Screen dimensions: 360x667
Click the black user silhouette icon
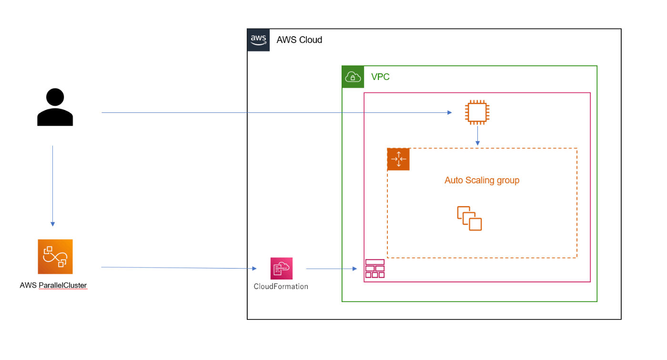pos(55,107)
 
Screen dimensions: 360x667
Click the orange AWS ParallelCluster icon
pos(55,257)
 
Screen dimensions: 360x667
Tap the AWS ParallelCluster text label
pos(53,286)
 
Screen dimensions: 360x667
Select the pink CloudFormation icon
pos(282,269)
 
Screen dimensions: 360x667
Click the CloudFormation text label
pos(281,287)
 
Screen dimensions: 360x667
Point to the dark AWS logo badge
pos(259,40)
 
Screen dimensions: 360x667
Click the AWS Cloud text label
pos(299,40)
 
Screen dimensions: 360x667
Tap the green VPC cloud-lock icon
pos(353,77)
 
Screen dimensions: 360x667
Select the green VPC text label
pos(381,77)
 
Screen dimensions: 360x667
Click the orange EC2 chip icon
pos(477,112)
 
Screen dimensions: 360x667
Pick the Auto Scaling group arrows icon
pos(398,159)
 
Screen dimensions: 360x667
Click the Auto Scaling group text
pos(482,180)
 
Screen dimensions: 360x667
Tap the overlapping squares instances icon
pos(469,219)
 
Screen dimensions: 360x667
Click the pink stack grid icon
pos(374,269)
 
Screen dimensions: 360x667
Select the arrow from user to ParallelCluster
pos(52,186)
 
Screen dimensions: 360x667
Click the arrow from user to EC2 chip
pos(276,113)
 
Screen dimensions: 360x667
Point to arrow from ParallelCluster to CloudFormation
pos(179,268)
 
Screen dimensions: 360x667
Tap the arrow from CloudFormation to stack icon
pos(331,269)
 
